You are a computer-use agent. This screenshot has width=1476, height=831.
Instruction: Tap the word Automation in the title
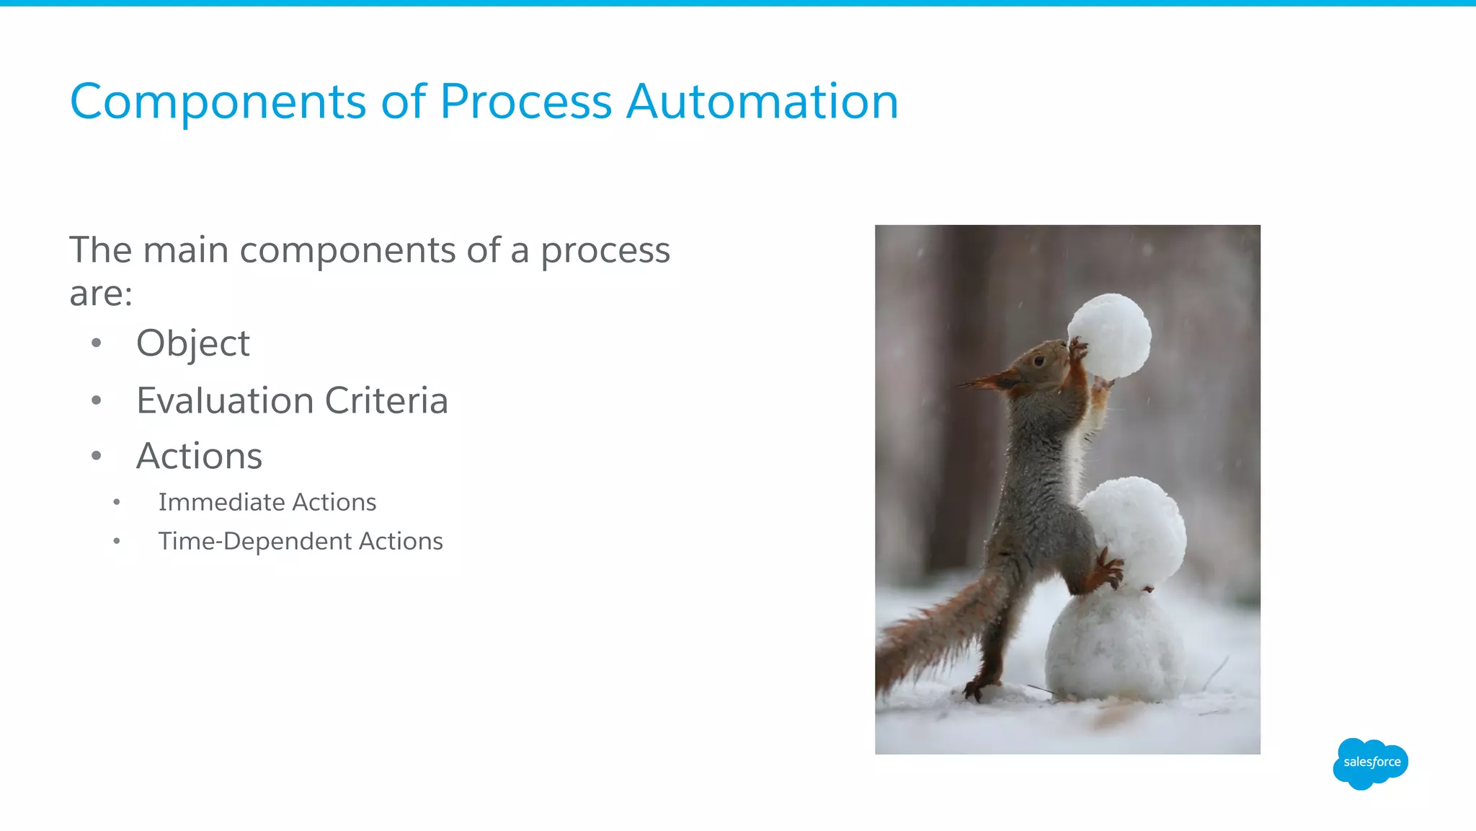pos(762,102)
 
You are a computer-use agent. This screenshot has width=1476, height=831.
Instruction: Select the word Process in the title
pos(525,102)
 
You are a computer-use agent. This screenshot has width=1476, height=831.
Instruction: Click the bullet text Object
pos(193,343)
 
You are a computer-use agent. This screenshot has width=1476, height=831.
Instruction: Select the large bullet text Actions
pos(200,456)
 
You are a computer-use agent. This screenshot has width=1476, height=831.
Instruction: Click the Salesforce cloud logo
pos(1370,762)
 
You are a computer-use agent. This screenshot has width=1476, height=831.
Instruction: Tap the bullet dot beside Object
pos(97,343)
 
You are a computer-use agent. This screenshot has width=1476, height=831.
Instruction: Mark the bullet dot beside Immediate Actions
pos(117,502)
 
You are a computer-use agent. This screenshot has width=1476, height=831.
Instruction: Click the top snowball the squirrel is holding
pos(1110,335)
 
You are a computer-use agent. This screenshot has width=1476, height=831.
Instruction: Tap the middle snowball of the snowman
pos(1135,530)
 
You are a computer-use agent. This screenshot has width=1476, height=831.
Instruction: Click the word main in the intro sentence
pos(186,250)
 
